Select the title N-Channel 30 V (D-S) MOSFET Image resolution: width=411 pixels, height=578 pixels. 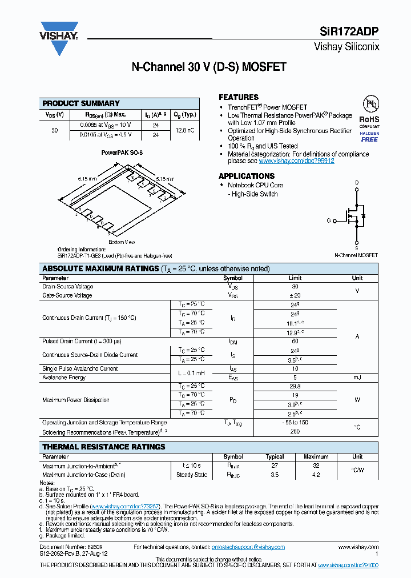tap(209, 67)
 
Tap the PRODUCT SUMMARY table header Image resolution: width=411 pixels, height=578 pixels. tap(81, 103)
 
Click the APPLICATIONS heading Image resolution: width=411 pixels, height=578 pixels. tap(247, 176)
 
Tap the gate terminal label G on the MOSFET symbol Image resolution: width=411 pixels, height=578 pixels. tap(329, 220)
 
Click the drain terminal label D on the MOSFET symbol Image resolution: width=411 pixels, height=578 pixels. tap(357, 183)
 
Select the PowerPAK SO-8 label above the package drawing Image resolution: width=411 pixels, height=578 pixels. tap(122, 153)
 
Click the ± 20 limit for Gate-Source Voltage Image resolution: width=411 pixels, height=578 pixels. tap(295, 295)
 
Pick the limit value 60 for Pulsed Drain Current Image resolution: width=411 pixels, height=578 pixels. tap(295, 341)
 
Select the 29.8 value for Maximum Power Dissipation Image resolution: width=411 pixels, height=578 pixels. tap(295, 386)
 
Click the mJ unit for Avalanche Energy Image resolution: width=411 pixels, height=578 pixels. tap(357, 378)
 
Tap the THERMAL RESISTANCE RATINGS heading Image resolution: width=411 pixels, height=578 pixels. tap(104, 447)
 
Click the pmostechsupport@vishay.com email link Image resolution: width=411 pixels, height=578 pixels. tap(248, 547)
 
